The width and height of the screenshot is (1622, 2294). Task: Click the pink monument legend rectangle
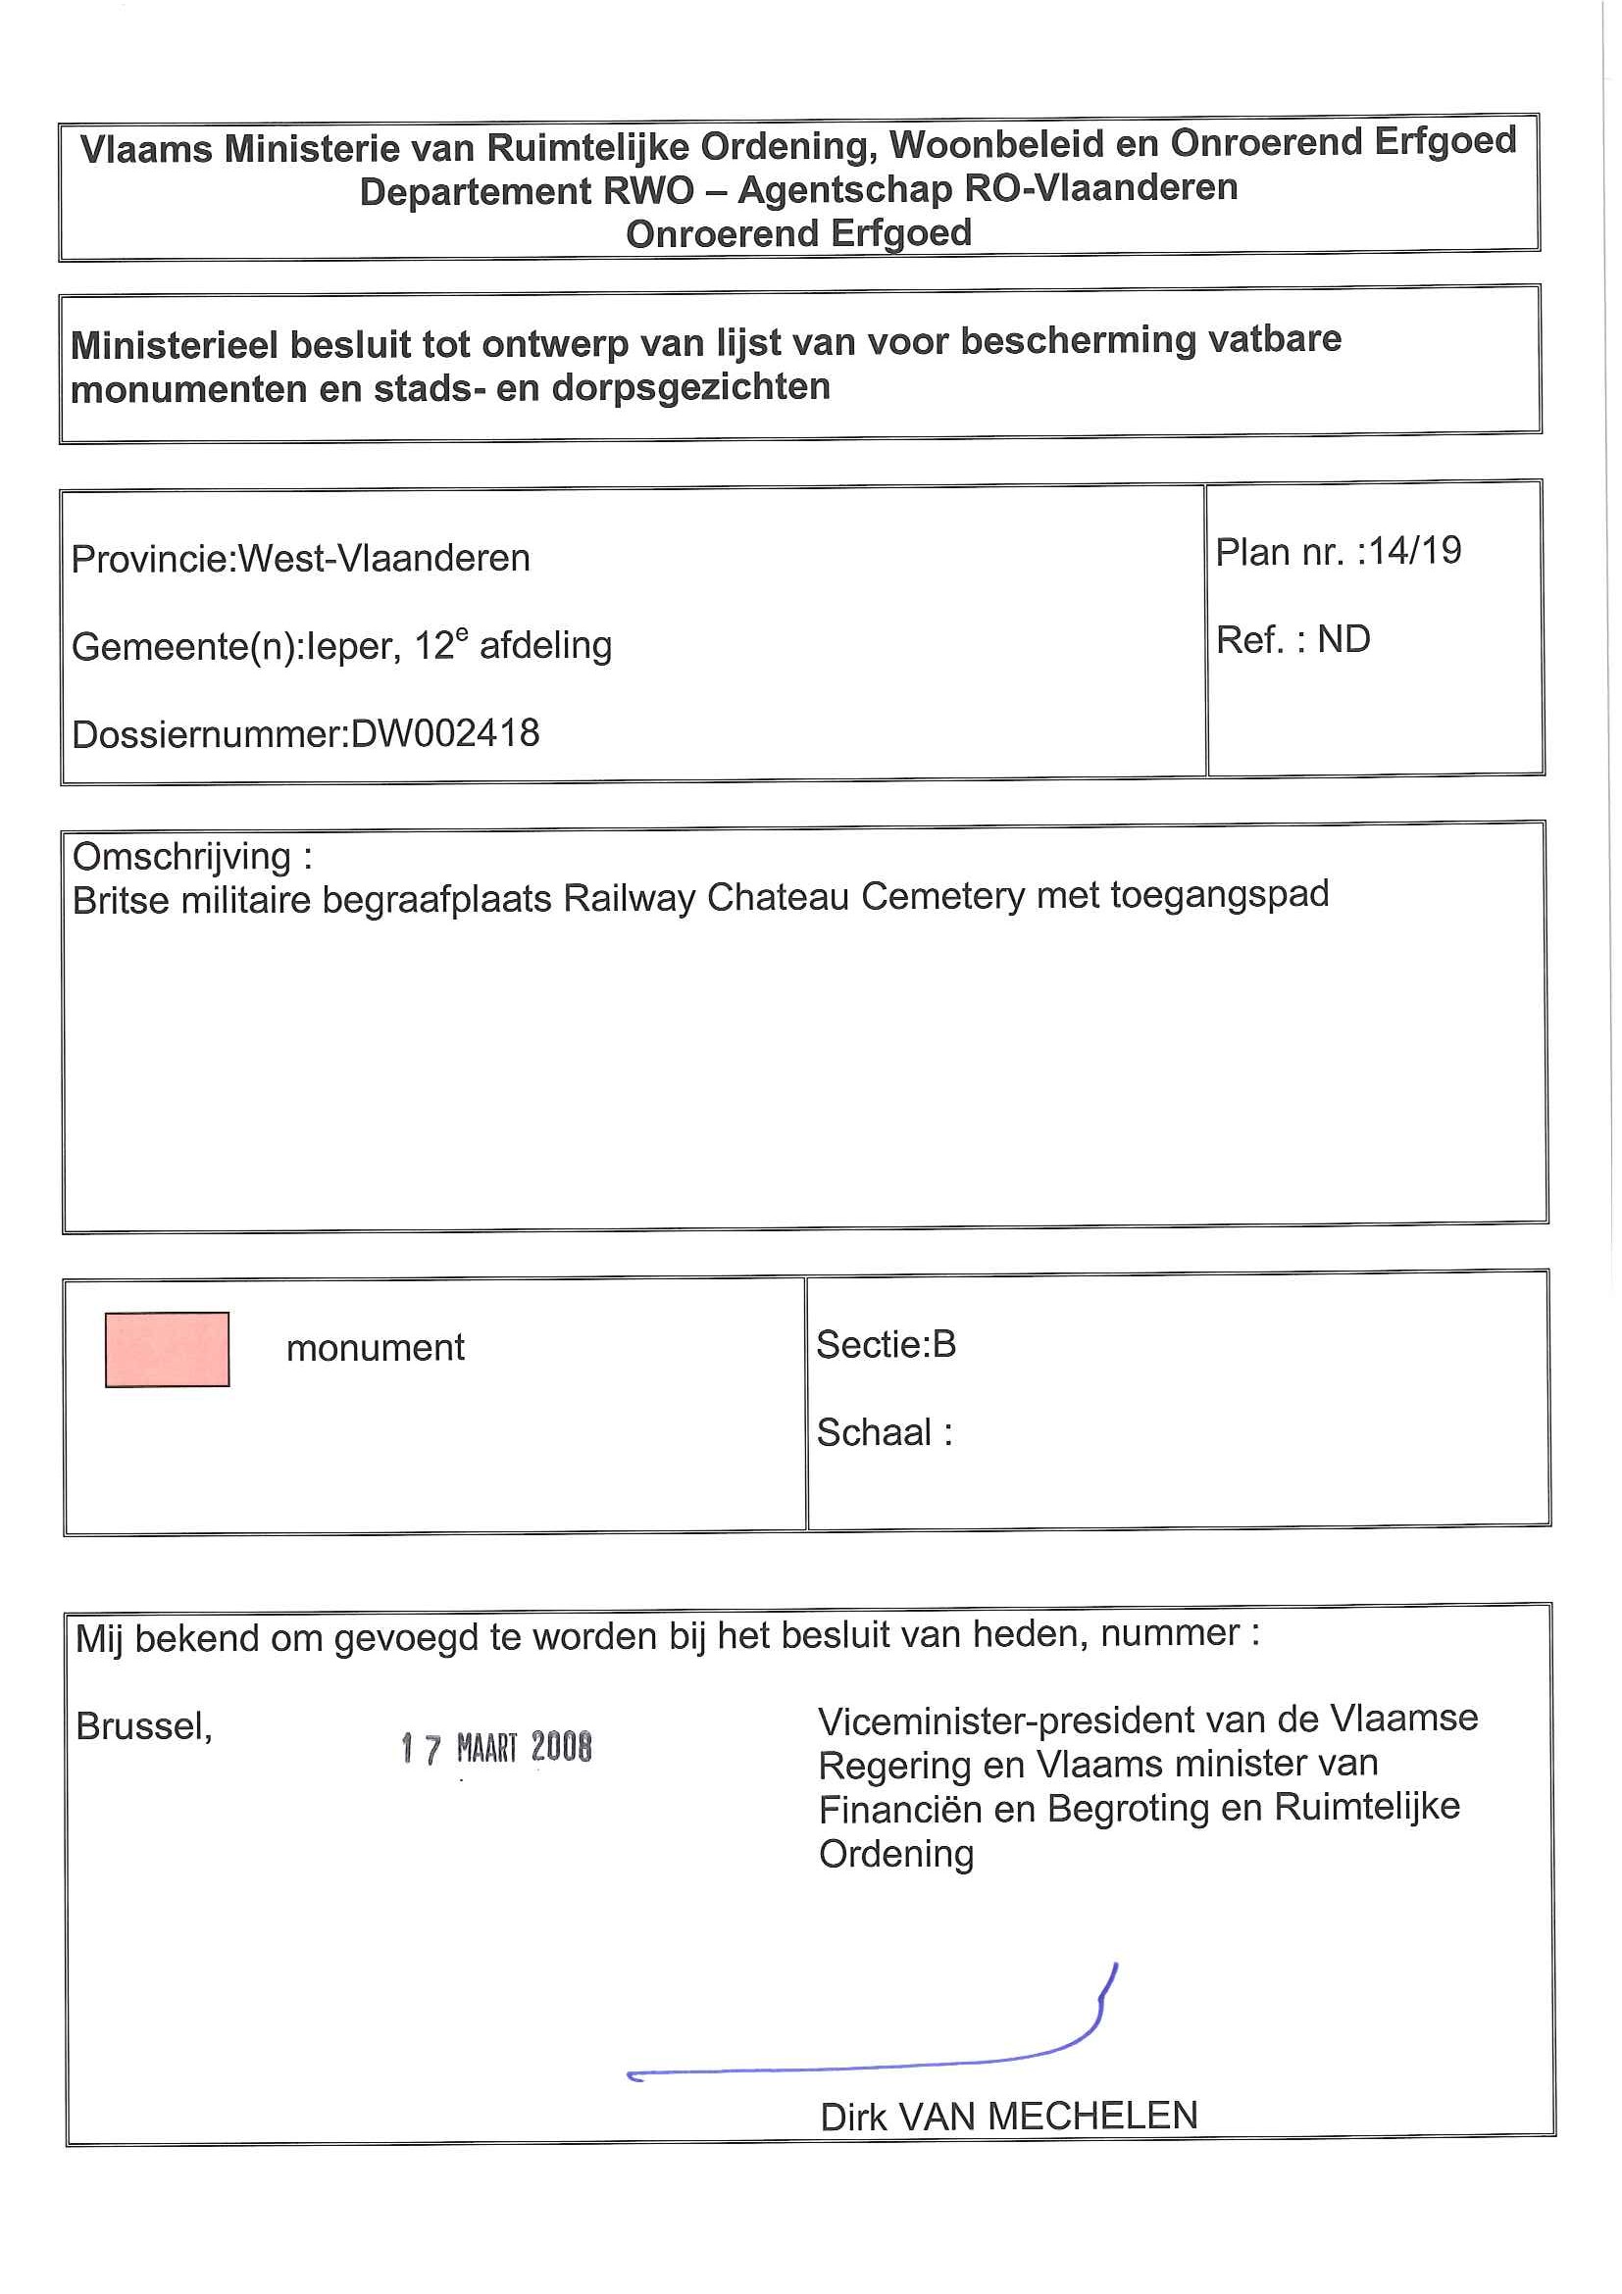coord(167,1349)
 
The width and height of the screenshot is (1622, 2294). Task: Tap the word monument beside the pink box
coord(375,1348)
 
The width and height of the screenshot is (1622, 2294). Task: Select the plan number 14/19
coord(1414,551)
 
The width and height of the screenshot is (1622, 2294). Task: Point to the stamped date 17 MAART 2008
coord(496,1748)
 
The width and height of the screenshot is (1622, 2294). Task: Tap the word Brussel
coord(143,1726)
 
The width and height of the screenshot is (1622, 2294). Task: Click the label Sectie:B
coord(886,1345)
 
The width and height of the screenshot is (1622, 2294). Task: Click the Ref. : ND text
coord(1293,640)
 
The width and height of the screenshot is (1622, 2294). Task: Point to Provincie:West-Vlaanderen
coord(301,559)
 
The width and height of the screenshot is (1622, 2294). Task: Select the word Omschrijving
coord(181,857)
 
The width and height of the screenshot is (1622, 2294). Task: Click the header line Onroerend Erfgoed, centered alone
coord(798,233)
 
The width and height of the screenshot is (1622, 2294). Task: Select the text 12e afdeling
coord(513,645)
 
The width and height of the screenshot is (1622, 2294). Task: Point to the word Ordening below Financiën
coord(895,1854)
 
